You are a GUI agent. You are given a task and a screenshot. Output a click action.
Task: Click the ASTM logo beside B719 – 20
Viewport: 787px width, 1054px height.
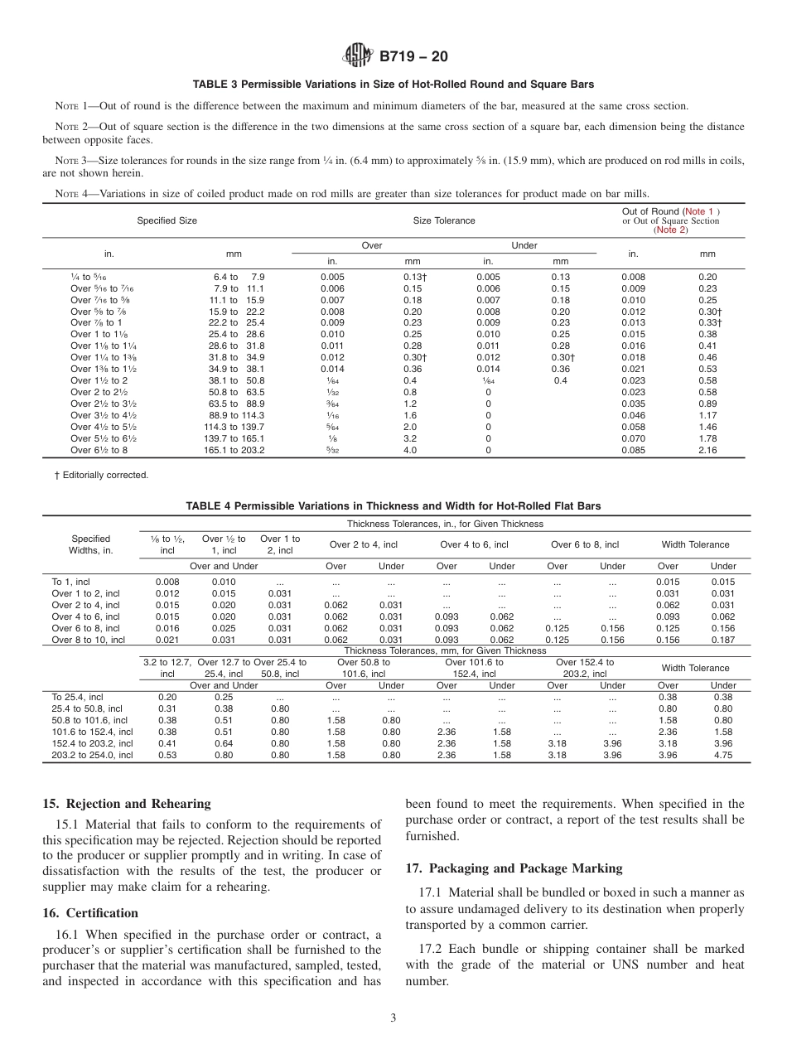pyautogui.click(x=358, y=57)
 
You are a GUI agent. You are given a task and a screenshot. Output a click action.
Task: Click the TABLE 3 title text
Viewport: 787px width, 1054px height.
pyautogui.click(x=393, y=85)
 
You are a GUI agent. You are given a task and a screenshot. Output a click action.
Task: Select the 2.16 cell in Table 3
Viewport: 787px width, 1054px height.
pyautogui.click(x=707, y=450)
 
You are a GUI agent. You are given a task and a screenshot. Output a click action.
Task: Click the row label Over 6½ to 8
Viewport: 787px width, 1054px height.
pyautogui.click(x=99, y=450)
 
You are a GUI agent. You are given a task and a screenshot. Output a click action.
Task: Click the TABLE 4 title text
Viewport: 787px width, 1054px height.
pyautogui.click(x=393, y=505)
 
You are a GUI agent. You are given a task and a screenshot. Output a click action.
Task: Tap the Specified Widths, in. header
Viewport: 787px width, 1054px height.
pyautogui.click(x=91, y=544)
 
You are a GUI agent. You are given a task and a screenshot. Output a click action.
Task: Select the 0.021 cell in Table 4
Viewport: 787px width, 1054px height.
pyautogui.click(x=167, y=640)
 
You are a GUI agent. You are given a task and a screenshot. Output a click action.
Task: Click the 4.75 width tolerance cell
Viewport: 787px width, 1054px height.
pyautogui.click(x=722, y=755)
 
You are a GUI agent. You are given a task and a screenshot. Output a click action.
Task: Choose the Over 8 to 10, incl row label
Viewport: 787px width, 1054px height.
pyautogui.click(x=88, y=640)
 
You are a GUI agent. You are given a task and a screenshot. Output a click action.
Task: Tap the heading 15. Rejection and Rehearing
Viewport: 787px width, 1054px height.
pyautogui.click(x=126, y=804)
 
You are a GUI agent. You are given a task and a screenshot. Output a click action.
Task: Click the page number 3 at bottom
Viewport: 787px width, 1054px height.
pyautogui.click(x=393, y=1018)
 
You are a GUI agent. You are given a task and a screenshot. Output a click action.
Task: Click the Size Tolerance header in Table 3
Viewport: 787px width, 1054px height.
pyautogui.click(x=444, y=220)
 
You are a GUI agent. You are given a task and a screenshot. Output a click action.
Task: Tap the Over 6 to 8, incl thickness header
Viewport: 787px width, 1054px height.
pyautogui.click(x=585, y=544)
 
